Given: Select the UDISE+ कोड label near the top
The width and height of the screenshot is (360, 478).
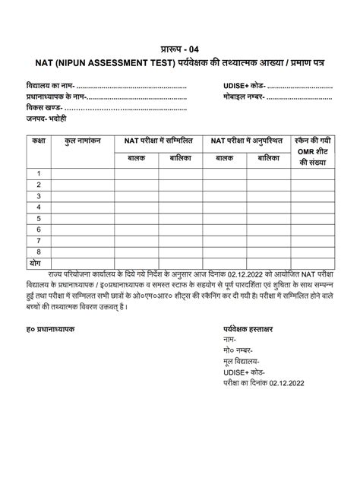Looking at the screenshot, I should [244, 87].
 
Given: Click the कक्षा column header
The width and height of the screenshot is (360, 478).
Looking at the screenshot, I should [38, 141].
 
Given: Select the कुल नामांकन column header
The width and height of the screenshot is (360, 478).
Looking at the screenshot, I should [83, 141].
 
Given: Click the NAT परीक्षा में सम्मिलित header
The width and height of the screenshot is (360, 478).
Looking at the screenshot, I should [158, 141].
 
